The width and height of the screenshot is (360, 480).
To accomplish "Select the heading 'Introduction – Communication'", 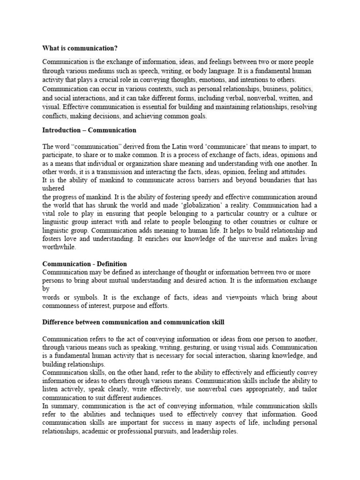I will pos(89,130).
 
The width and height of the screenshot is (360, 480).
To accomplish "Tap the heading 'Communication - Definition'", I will pos(84,264).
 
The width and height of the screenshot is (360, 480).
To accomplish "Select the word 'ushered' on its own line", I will pos(53,188).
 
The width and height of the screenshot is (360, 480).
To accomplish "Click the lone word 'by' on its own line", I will pos(45,289).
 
